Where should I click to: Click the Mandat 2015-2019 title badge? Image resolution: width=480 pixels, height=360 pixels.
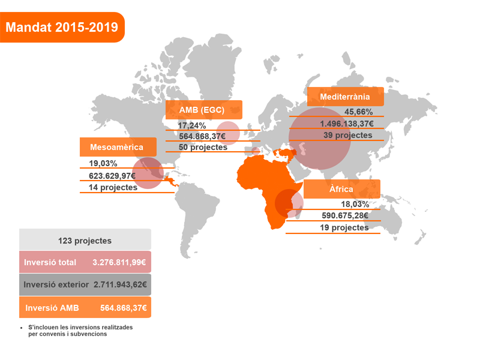pos(62,27)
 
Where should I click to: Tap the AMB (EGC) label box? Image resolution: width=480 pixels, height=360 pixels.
pos(203,110)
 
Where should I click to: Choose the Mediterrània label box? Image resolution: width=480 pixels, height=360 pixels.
pos(345,97)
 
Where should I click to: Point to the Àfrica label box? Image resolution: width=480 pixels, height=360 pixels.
pos(341,189)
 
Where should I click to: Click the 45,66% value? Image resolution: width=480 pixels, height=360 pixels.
pos(358,112)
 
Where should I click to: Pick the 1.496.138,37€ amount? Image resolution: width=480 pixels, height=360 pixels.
pos(347,124)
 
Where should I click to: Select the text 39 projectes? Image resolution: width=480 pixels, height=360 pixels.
pos(348,135)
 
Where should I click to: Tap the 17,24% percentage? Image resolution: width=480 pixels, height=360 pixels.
pos(192,125)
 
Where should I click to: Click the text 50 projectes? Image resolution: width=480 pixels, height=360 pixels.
pos(203,147)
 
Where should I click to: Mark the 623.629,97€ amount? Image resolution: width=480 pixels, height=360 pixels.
pos(108,176)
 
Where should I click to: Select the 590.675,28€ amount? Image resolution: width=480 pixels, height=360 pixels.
pos(344,216)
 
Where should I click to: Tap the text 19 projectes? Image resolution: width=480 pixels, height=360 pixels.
pos(344,228)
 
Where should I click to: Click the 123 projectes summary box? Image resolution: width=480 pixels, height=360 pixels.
pos(85,240)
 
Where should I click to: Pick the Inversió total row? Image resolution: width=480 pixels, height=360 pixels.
pos(85,262)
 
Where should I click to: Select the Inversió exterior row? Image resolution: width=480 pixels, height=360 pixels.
pos(85,284)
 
